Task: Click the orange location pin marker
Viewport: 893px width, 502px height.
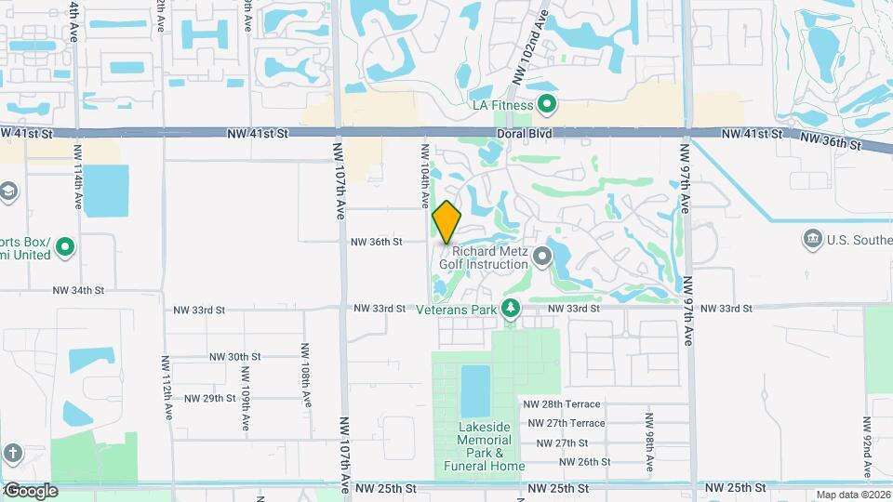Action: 447,222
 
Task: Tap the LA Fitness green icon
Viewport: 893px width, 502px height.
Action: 548,105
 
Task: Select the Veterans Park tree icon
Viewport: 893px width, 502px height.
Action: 510,309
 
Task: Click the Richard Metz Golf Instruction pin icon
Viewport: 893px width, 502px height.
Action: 539,252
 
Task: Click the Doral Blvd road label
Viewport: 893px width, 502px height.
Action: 526,134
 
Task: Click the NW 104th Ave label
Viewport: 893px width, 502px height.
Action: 424,176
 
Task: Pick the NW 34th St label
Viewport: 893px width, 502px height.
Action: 78,291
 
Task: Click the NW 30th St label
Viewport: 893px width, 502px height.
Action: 234,356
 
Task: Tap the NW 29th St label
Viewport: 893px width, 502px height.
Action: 210,398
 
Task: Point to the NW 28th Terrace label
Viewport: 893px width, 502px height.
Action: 563,404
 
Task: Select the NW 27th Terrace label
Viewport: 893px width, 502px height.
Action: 566,424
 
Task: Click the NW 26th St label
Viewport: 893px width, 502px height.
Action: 580,461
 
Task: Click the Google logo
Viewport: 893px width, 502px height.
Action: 32,490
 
